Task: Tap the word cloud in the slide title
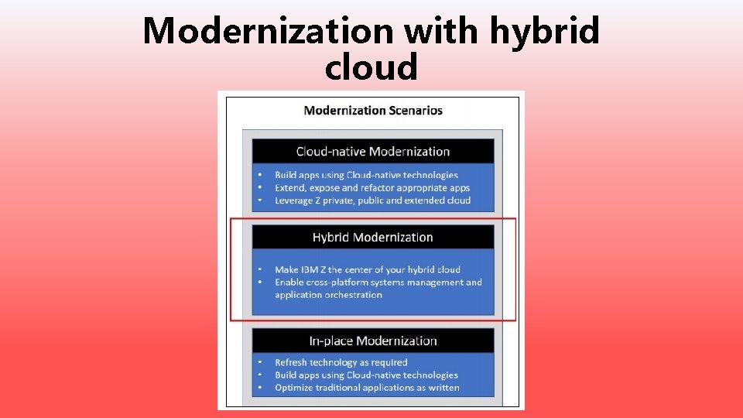coord(371,67)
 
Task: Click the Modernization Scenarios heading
coord(373,110)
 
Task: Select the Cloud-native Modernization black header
coord(373,151)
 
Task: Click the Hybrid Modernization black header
coord(373,237)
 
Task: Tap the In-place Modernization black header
coord(373,341)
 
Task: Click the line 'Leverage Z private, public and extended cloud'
coord(372,200)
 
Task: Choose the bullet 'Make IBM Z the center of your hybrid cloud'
coord(368,269)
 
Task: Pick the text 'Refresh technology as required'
coord(341,362)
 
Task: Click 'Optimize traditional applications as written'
coord(367,387)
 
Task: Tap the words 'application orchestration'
coord(328,295)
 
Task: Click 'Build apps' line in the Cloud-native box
coord(366,175)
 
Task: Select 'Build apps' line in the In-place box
coord(366,375)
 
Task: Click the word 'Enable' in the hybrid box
coord(289,282)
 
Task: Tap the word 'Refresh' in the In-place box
coord(292,362)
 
